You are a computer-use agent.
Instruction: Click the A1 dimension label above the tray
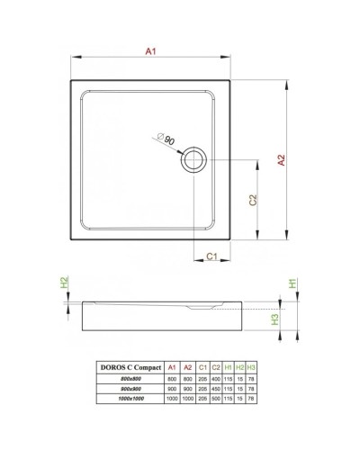(152, 53)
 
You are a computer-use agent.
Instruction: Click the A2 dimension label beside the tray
(281, 159)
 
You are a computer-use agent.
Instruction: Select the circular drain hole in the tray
(193, 161)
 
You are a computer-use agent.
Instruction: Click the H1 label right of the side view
(292, 283)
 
